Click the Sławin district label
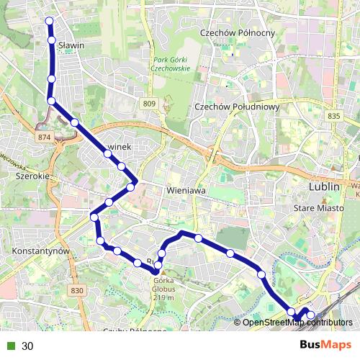pos(73,45)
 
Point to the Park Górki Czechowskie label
pos(170,63)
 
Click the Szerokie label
pos(32,176)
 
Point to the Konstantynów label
pos(40,251)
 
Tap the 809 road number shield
pos(149,104)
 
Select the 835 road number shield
pos(333,115)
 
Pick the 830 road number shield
pos(78,290)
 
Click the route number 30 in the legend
pos(27,346)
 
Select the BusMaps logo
pos(325,345)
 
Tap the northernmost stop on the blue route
pos(50,21)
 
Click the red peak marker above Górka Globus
pos(156,271)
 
